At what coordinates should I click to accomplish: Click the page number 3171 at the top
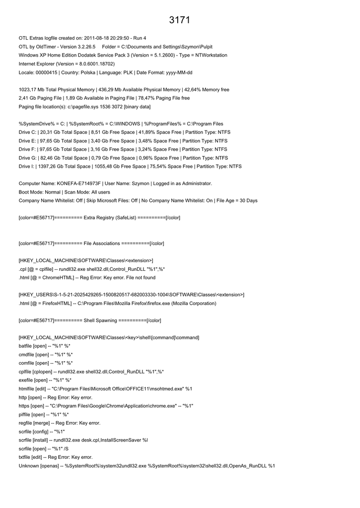click(179, 20)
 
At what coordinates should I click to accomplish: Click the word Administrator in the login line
click(194, 184)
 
